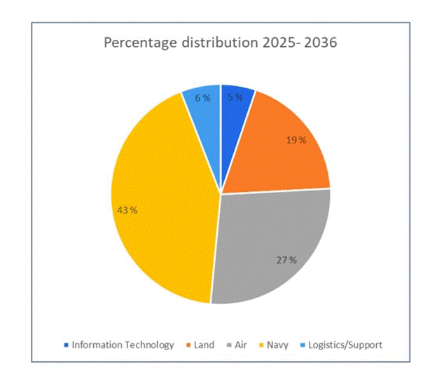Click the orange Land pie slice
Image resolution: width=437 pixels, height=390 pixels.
click(280, 154)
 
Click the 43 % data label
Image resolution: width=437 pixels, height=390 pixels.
click(127, 209)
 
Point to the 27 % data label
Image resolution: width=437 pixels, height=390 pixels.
click(286, 260)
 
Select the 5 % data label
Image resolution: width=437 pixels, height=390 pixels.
click(235, 97)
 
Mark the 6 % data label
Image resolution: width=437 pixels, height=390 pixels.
click(202, 98)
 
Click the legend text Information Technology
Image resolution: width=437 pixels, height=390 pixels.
click(123, 344)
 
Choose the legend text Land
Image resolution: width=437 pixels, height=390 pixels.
click(205, 344)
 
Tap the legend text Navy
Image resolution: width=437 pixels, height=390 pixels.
click(278, 344)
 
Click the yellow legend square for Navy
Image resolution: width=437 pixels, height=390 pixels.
click(263, 345)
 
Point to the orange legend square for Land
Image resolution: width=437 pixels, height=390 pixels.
click(189, 345)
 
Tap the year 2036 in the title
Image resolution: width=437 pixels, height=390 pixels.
click(319, 43)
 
